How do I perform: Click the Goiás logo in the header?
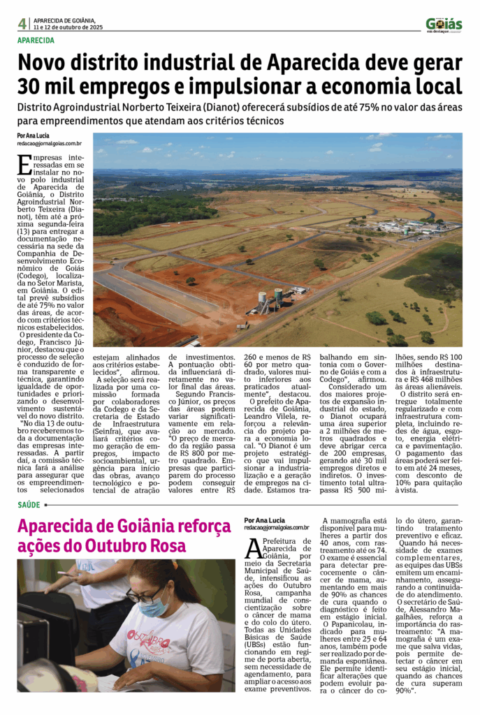pos(444,24)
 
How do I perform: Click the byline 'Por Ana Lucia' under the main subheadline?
pos(34,135)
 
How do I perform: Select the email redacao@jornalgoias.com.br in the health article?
pos(276,528)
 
